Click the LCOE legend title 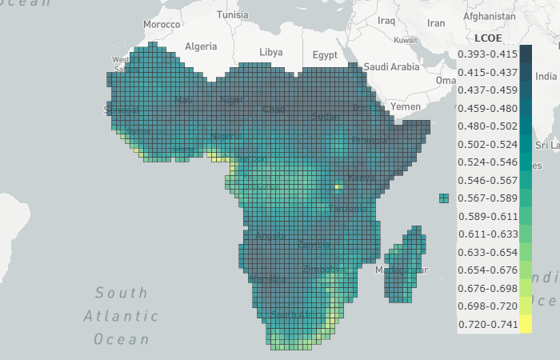487,38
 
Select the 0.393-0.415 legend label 487,54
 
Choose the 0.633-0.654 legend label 487,253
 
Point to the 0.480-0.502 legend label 487,126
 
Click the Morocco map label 162,25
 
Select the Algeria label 201,46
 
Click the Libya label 271,52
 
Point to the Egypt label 325,55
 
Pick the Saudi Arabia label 391,67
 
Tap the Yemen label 405,106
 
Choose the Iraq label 386,20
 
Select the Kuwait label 406,40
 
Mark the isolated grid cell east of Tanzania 444,198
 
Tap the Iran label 436,23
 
